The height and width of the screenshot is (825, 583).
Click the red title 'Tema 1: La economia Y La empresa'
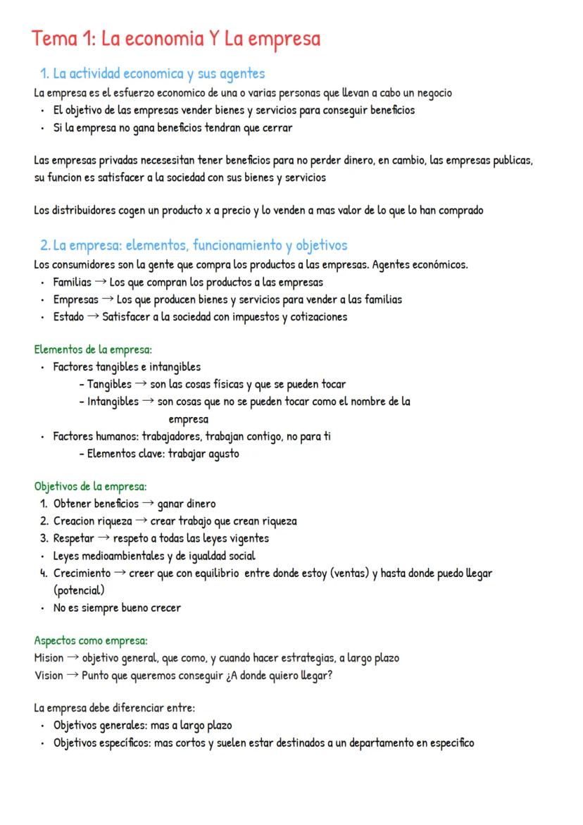point(175,39)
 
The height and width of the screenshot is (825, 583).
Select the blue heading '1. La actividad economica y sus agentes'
point(152,73)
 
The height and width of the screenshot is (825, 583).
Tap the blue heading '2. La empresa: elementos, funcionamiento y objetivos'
point(194,245)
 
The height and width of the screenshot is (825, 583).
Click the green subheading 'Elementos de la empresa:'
point(93,349)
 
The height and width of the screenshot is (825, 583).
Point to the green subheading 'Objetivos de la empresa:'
point(90,486)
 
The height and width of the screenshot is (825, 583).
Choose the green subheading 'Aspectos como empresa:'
point(91,640)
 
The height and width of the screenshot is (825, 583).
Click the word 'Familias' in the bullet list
point(72,282)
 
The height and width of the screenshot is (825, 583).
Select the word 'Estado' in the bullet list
point(68,317)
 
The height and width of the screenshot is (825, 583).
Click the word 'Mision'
point(48,658)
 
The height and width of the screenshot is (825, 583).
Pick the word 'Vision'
point(48,675)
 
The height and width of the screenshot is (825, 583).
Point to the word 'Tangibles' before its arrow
point(109,384)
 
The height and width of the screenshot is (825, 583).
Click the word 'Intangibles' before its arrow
point(113,402)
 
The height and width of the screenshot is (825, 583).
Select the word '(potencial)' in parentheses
point(79,590)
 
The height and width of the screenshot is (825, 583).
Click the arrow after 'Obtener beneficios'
point(148,504)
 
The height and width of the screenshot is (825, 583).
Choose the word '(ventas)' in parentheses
point(345,573)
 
